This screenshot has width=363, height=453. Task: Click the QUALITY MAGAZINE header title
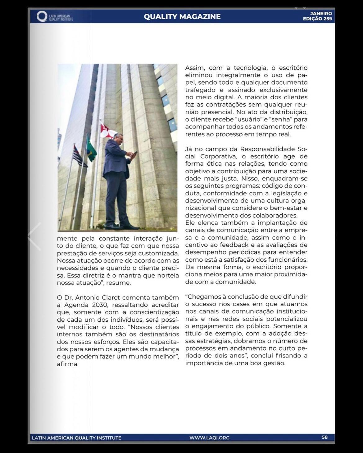[x=182, y=16]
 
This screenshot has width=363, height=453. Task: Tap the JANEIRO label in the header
[x=321, y=13]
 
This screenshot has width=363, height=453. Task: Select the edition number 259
[x=327, y=19]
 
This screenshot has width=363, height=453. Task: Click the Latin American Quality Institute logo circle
[x=42, y=16]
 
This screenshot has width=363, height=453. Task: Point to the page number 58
[x=324, y=437]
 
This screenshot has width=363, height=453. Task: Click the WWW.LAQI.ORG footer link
[x=209, y=437]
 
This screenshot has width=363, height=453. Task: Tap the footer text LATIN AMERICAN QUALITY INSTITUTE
[x=76, y=438]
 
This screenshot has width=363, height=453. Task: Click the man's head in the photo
[x=119, y=138]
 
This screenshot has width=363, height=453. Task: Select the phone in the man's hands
[x=135, y=153]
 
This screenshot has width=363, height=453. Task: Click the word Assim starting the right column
[x=195, y=68]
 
